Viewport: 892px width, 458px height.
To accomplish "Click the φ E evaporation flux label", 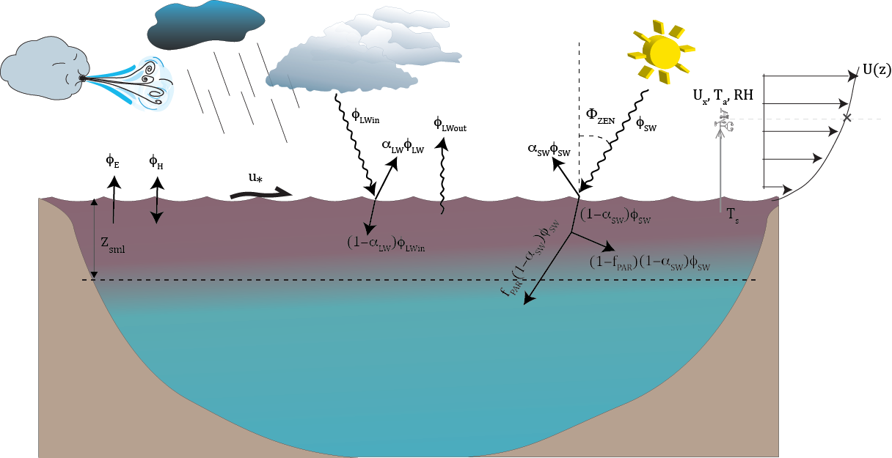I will [x=112, y=160].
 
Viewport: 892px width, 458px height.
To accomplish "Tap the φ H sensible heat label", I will [x=156, y=160].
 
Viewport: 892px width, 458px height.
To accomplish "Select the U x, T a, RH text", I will [x=723, y=96].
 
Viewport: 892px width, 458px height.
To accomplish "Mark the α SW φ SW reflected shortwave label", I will [x=549, y=149].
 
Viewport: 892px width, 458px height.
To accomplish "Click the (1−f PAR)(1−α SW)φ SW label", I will [x=649, y=262].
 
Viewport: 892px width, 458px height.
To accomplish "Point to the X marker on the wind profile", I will [x=847, y=117].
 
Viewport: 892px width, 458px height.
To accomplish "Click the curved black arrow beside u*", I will [x=260, y=193].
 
